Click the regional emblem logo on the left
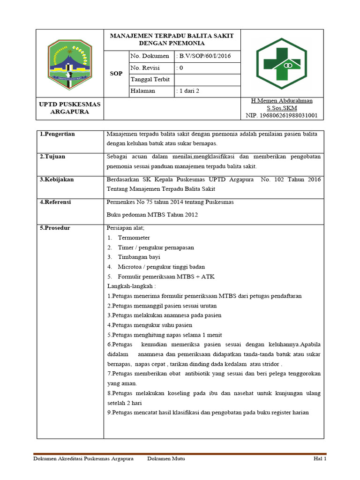click(x=69, y=64)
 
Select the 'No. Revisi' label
click(x=146, y=68)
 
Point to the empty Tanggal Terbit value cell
click(x=207, y=80)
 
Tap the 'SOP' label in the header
click(x=116, y=74)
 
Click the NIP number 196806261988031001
click(x=281, y=115)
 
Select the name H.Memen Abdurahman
click(x=281, y=101)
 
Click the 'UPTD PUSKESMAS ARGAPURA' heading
click(x=69, y=108)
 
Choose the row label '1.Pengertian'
click(x=57, y=134)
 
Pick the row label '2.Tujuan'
click(x=52, y=157)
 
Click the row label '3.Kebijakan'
click(x=57, y=179)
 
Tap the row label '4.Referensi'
click(x=55, y=202)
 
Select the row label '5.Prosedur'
click(x=55, y=228)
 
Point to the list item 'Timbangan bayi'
click(x=139, y=257)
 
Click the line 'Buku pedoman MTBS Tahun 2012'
click(x=152, y=215)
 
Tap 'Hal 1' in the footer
click(x=320, y=459)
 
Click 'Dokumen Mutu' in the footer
click(x=166, y=459)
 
